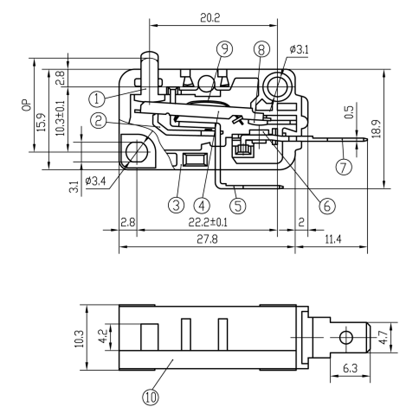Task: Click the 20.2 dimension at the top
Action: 210,18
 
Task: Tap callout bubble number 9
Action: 224,49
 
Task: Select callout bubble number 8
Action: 262,49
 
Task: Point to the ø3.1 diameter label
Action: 299,49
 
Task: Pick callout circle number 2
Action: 98,121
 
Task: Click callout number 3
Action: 176,205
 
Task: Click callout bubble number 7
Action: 344,166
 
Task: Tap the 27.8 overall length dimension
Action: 207,239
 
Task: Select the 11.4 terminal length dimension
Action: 333,239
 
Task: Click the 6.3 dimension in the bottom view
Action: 350,368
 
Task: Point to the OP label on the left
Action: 27,106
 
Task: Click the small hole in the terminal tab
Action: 346,337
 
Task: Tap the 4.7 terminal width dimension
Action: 383,337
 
